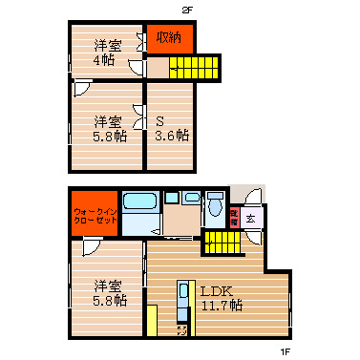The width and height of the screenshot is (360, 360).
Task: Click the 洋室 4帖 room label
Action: coord(104,51)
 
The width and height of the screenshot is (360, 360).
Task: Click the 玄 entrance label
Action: coord(250,219)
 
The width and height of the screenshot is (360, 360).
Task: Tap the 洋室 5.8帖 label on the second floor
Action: coord(108,128)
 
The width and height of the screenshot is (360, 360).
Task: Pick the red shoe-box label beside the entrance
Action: coord(232,218)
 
